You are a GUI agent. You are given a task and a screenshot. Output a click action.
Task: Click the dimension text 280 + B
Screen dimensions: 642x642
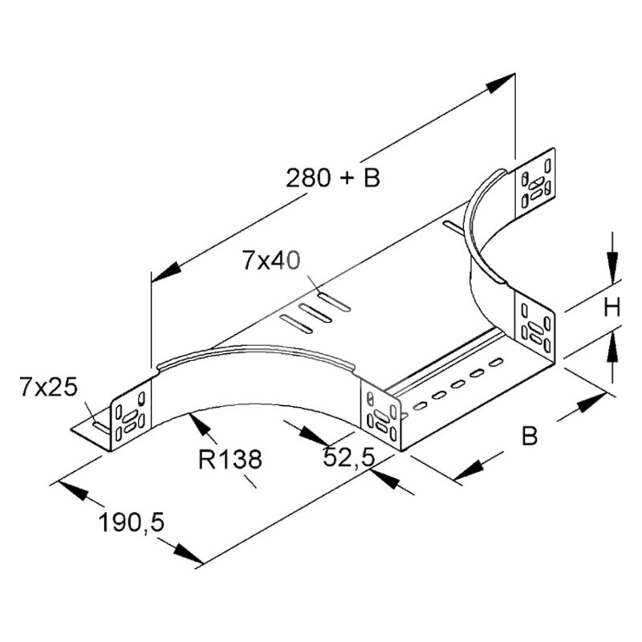click(332, 178)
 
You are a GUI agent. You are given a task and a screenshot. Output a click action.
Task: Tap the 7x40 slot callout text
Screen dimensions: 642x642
click(270, 260)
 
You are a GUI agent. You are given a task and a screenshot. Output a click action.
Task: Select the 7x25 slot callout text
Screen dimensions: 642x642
click(49, 388)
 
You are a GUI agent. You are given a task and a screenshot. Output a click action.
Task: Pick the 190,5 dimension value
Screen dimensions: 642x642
click(132, 523)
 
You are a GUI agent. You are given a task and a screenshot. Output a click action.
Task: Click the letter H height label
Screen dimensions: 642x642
click(612, 307)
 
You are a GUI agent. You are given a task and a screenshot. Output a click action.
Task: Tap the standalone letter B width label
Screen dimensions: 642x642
click(530, 436)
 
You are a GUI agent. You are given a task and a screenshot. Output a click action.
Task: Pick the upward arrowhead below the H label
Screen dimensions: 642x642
click(612, 347)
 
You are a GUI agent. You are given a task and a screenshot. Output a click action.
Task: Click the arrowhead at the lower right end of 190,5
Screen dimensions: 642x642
click(189, 554)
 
